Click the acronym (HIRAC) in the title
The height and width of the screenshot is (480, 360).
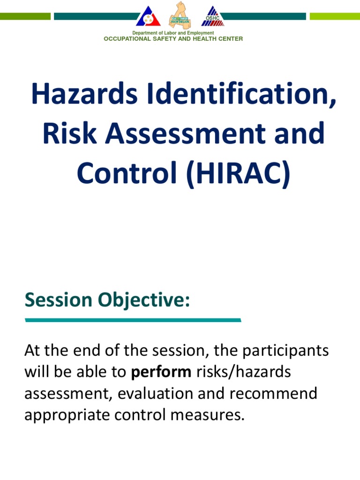tap(238, 173)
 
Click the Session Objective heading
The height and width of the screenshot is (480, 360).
tap(107, 300)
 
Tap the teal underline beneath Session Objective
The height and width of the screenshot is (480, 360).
tap(133, 320)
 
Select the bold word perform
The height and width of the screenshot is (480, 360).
tap(161, 372)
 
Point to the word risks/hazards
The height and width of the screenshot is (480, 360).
tap(243, 372)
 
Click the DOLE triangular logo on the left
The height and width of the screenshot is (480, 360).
tap(148, 16)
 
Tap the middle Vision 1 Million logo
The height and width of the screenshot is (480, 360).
tap(180, 15)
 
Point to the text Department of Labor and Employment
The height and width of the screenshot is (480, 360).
tap(173, 33)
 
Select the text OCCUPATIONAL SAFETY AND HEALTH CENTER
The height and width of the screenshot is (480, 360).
tap(173, 39)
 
